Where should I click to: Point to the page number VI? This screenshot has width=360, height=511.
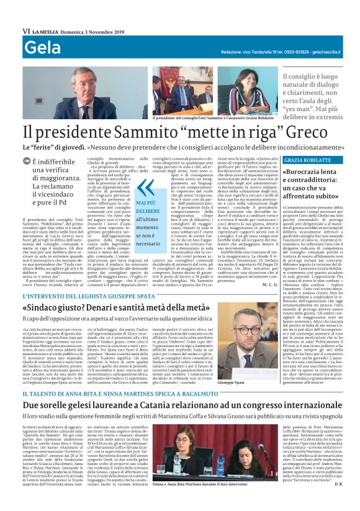[x=26, y=30]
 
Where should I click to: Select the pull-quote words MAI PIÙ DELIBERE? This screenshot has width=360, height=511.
[x=148, y=207]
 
